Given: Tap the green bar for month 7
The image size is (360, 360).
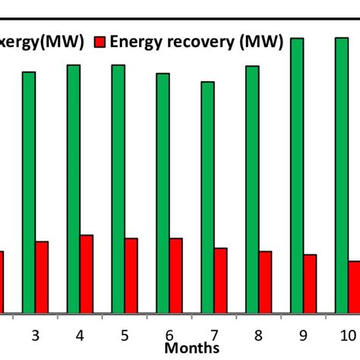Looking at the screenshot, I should tap(207, 197).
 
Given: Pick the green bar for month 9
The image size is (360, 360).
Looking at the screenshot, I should tap(297, 175).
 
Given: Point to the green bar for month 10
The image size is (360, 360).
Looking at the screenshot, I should tap(342, 175).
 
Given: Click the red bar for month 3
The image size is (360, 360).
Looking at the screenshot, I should tap(42, 277).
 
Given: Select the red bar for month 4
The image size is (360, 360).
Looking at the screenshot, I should tap(87, 274).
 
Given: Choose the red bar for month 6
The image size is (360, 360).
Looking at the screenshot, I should tap(176, 276).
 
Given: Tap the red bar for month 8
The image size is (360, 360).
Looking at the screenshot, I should tap(265, 282).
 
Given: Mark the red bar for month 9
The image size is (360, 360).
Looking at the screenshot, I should tap(310, 283).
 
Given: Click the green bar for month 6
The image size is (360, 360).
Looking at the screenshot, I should tap(163, 193).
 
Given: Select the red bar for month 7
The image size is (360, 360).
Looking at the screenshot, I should tap(220, 280).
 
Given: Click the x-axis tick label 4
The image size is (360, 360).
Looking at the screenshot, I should tap(80, 335).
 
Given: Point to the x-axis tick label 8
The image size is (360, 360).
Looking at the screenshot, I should tap(259, 335).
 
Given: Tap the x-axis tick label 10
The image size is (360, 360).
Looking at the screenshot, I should tap(346, 335).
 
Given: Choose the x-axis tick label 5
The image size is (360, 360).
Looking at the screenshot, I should tap(125, 335).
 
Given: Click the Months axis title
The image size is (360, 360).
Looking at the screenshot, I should tap(192, 348).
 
